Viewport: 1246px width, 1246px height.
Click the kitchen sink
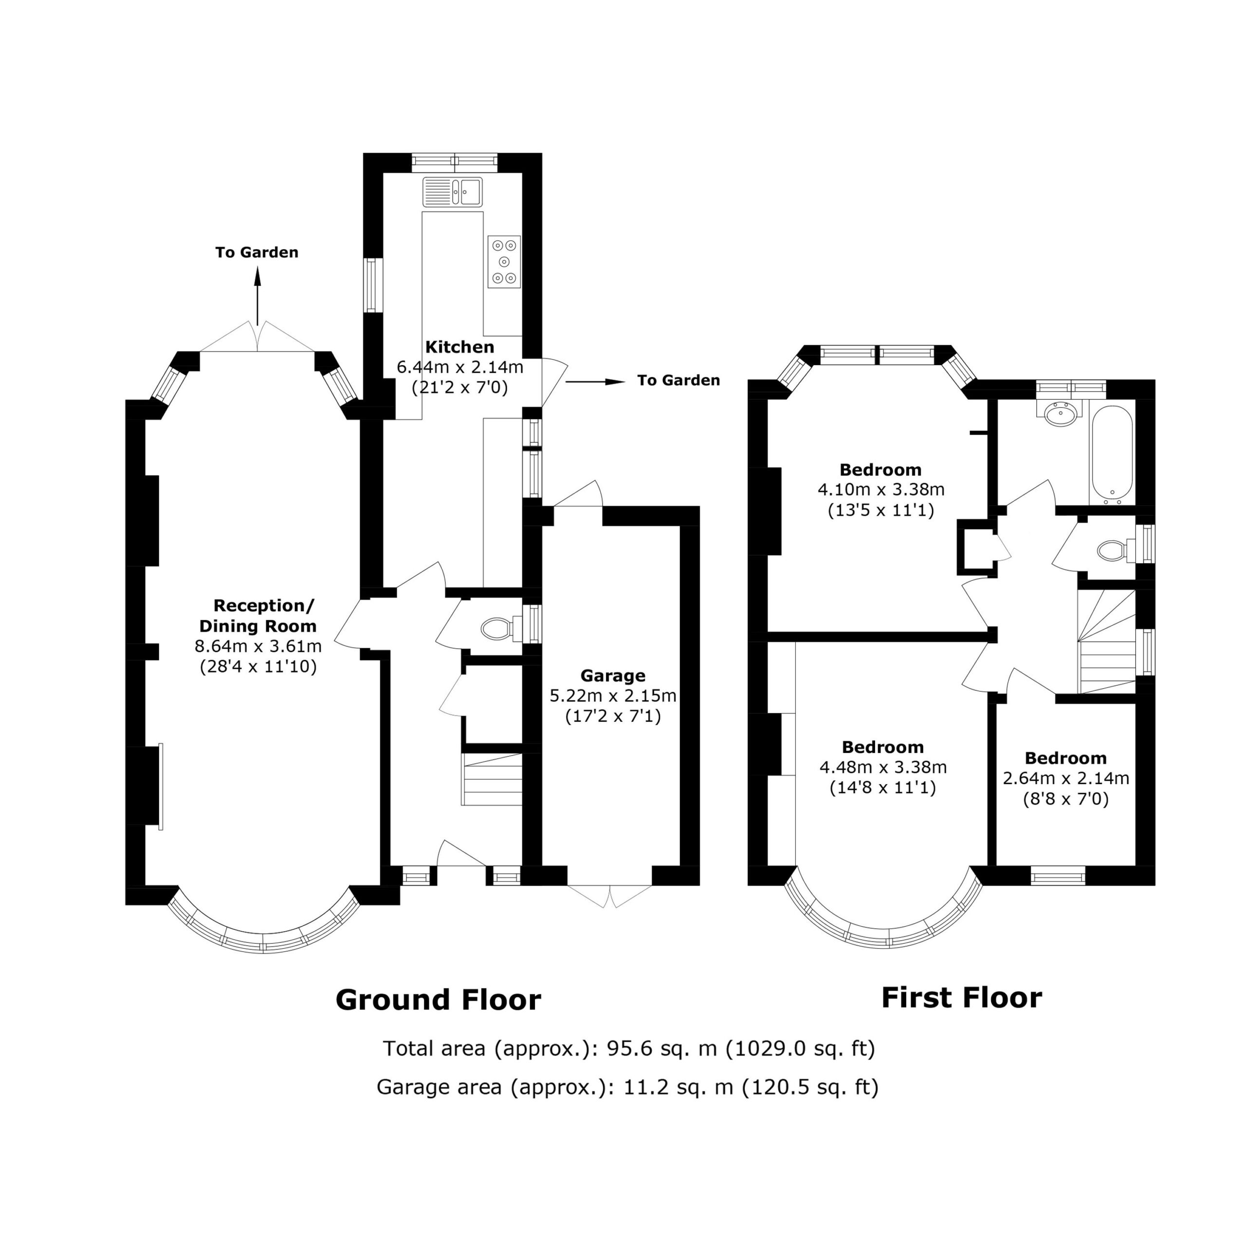(x=453, y=192)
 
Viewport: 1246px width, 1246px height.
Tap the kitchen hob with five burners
(x=504, y=262)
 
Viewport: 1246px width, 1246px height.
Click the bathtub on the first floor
(x=1112, y=454)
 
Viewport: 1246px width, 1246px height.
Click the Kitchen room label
(x=460, y=347)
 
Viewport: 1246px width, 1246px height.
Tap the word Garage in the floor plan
(x=613, y=676)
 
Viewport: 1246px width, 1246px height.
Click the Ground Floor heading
(x=439, y=1000)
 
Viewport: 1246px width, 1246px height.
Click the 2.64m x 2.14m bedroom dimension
(x=1066, y=778)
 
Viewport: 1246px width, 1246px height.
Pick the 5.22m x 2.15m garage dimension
(x=613, y=696)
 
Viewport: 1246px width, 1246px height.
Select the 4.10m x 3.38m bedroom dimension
(x=881, y=490)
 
